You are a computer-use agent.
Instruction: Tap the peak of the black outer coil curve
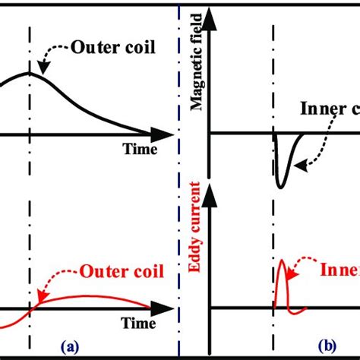[x=30, y=73]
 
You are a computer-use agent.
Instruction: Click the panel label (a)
[x=70, y=348]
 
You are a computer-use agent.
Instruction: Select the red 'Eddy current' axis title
[x=197, y=242]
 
